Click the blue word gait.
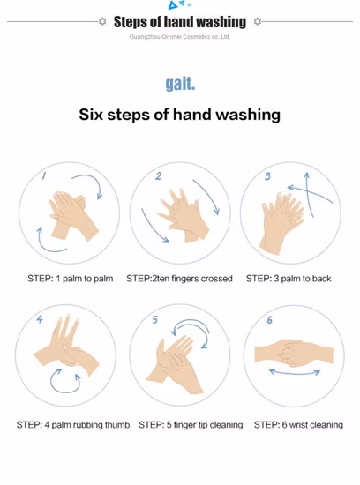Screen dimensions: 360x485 (180, 84)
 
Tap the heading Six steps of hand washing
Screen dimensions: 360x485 (179, 115)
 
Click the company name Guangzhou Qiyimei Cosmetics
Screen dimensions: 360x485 (168, 37)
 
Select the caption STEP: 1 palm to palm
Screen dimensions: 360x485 (71, 279)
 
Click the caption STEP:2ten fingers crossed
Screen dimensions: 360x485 (179, 279)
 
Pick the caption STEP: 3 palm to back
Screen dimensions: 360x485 (289, 279)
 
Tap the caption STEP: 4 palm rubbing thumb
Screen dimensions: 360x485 (73, 425)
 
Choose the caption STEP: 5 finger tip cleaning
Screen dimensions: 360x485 (191, 425)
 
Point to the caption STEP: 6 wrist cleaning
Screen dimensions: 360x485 (298, 425)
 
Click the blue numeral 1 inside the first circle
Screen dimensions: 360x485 (44, 175)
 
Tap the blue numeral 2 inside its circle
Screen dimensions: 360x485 (158, 176)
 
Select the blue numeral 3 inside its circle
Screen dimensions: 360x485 (267, 176)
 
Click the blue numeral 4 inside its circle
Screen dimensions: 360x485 (40, 319)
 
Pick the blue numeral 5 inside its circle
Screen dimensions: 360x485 (154, 319)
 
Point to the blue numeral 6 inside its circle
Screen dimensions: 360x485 (270, 320)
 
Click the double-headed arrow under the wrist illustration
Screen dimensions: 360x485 (295, 373)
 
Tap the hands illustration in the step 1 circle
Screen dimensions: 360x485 (73, 215)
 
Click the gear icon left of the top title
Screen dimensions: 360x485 (102, 21)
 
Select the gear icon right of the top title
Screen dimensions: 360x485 (258, 21)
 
